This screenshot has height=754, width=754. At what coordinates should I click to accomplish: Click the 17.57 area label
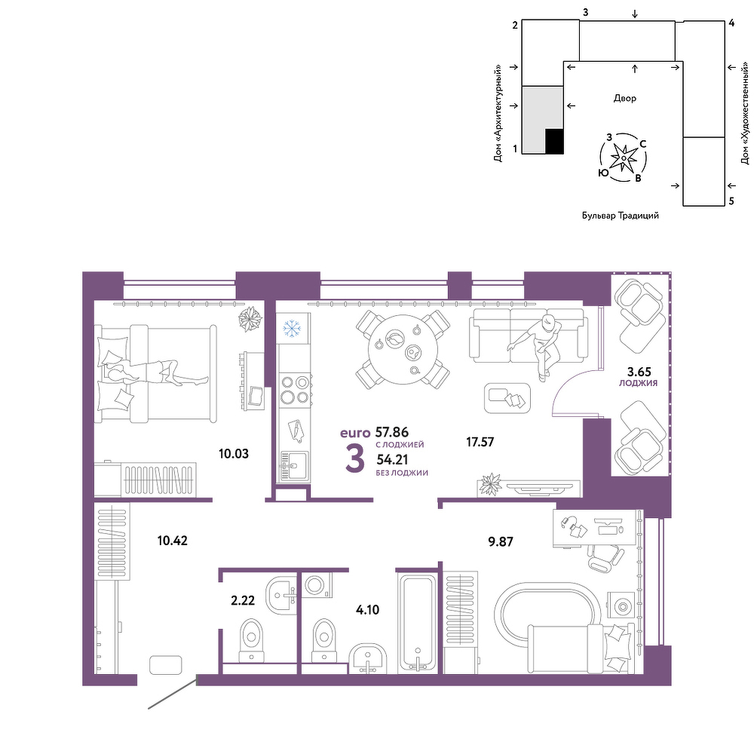click(x=480, y=441)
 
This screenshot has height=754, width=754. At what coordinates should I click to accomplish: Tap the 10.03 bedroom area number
click(x=234, y=453)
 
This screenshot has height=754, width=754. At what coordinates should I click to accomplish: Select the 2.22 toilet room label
click(x=243, y=600)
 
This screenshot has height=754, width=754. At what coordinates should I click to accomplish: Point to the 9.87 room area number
click(x=501, y=541)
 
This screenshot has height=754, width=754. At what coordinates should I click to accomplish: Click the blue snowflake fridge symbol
click(x=291, y=329)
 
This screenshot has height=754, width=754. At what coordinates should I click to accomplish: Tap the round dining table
click(x=403, y=348)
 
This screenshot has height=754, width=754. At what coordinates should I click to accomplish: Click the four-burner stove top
click(x=295, y=390)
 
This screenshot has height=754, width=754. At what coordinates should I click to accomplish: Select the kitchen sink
click(x=294, y=466)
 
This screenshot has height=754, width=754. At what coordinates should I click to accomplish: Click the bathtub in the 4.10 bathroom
click(x=418, y=623)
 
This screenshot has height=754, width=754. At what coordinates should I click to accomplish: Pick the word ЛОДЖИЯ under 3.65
click(x=638, y=383)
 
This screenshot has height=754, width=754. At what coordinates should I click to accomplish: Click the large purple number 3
click(x=355, y=459)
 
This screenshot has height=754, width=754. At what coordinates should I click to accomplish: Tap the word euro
click(x=355, y=433)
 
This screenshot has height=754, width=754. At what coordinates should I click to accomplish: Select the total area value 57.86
click(x=392, y=432)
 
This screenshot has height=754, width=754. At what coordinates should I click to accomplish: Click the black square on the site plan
click(x=554, y=142)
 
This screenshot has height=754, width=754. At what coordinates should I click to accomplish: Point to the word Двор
click(x=624, y=98)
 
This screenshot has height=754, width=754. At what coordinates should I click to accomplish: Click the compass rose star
click(x=624, y=158)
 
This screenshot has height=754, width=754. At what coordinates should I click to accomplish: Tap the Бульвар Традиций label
click(x=621, y=216)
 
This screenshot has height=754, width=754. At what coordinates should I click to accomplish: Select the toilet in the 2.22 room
click(x=252, y=640)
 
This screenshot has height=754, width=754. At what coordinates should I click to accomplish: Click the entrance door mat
click(x=166, y=665)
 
